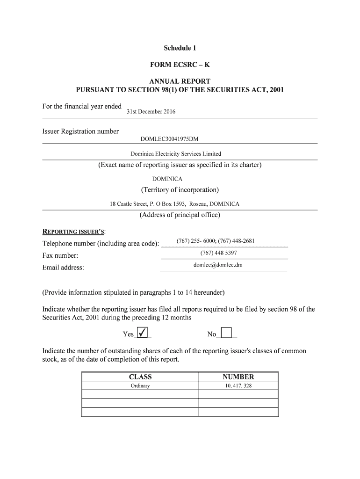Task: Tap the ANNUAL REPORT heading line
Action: pyautogui.click(x=180, y=81)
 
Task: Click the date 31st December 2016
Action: pyautogui.click(x=151, y=112)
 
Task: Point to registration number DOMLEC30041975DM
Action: pyautogui.click(x=172, y=139)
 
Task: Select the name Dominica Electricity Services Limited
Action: pyautogui.click(x=176, y=154)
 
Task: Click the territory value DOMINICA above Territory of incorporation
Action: pyautogui.click(x=167, y=179)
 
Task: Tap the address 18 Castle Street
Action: pyautogui.click(x=174, y=204)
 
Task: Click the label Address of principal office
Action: pyautogui.click(x=180, y=215)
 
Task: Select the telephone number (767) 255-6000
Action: pyautogui.click(x=196, y=241)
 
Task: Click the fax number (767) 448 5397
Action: pyautogui.click(x=218, y=253)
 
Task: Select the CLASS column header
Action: pyautogui.click(x=140, y=377)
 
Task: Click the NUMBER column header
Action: pyautogui.click(x=238, y=377)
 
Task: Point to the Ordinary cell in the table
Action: pyautogui.click(x=140, y=386)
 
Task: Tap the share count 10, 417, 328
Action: pyautogui.click(x=238, y=386)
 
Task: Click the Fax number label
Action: pyautogui.click(x=60, y=256)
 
